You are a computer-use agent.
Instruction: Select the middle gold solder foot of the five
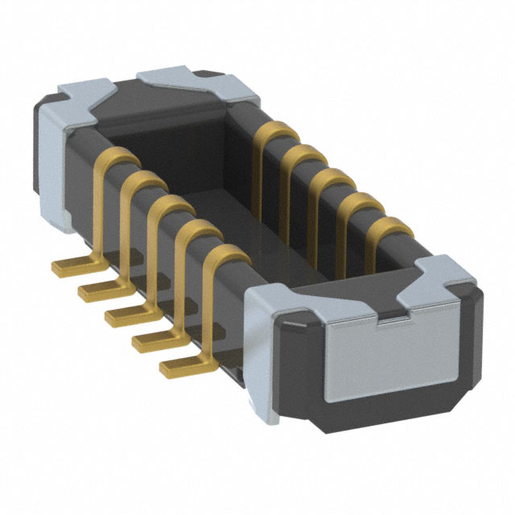point(123,313)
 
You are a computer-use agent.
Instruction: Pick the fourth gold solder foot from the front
point(97,288)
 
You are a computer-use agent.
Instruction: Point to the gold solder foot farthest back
point(70,264)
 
